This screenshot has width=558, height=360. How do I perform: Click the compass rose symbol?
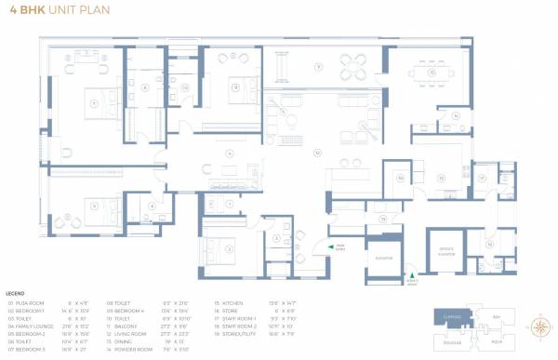(x=538, y=327)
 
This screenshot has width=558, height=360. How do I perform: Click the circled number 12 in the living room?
(x=317, y=151)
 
